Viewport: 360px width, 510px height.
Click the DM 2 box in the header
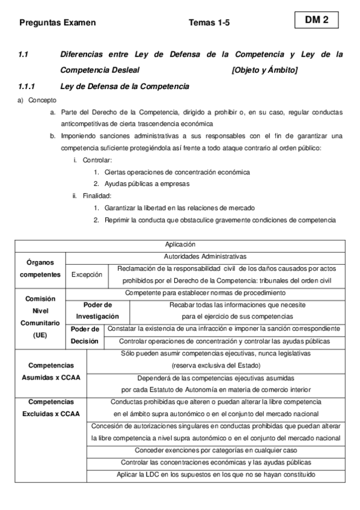pyautogui.click(x=317, y=20)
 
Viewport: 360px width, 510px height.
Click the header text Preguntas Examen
pyautogui.click(x=58, y=23)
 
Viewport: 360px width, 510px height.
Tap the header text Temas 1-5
pyautogui.click(x=209, y=23)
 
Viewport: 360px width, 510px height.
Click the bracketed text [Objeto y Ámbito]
pyautogui.click(x=264, y=70)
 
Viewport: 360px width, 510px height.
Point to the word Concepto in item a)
pyautogui.click(x=42, y=100)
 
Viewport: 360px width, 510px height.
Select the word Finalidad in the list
pyautogui.click(x=97, y=195)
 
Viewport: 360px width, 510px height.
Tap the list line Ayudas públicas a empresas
pyautogui.click(x=147, y=183)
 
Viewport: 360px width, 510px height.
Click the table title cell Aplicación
pyautogui.click(x=180, y=245)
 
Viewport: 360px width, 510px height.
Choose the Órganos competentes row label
pyautogui.click(x=40, y=268)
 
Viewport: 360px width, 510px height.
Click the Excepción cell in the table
pyautogui.click(x=87, y=274)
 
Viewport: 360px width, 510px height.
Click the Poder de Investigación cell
pyautogui.click(x=97, y=310)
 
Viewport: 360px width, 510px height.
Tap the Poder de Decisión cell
pyautogui.click(x=85, y=334)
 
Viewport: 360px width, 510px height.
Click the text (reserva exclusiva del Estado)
pyautogui.click(x=215, y=365)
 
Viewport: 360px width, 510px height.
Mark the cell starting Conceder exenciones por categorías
pyautogui.click(x=215, y=450)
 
